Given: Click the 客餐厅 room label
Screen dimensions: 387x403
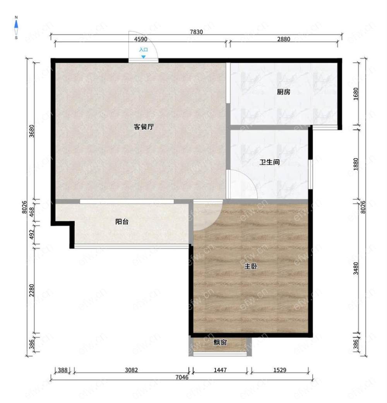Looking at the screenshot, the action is pyautogui.click(x=144, y=127).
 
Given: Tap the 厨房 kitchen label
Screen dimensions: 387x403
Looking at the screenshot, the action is pyautogui.click(x=284, y=92).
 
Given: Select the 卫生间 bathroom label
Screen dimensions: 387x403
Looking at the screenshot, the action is pyautogui.click(x=269, y=162).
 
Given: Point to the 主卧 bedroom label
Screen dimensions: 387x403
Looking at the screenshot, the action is pyautogui.click(x=251, y=266).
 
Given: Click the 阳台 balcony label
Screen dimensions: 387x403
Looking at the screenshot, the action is pyautogui.click(x=122, y=222).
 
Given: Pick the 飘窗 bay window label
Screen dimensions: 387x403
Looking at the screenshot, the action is pyautogui.click(x=220, y=342).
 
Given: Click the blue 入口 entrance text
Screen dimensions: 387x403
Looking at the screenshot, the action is pyautogui.click(x=144, y=50).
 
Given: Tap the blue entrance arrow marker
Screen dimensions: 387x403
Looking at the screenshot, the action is pyautogui.click(x=144, y=56).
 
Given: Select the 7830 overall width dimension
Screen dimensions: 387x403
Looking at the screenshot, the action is pyautogui.click(x=196, y=32).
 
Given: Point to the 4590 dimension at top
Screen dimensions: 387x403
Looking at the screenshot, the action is pyautogui.click(x=140, y=39).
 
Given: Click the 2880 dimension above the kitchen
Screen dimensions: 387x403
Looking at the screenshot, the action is pyautogui.click(x=284, y=39).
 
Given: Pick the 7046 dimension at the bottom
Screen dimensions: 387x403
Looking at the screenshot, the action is pyautogui.click(x=182, y=377).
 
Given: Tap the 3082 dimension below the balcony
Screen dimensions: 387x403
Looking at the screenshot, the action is pyautogui.click(x=132, y=370).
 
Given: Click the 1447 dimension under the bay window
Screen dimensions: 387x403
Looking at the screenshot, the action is pyautogui.click(x=220, y=370).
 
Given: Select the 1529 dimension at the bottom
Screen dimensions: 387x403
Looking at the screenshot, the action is pyautogui.click(x=280, y=370).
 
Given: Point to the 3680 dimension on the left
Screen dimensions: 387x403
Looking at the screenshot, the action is pyautogui.click(x=31, y=131).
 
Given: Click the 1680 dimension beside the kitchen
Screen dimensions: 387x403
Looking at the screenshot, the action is pyautogui.click(x=356, y=94).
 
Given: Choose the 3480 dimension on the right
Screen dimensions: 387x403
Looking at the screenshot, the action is pyautogui.click(x=356, y=268).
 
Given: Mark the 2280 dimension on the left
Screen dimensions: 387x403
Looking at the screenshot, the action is pyautogui.click(x=31, y=290).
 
